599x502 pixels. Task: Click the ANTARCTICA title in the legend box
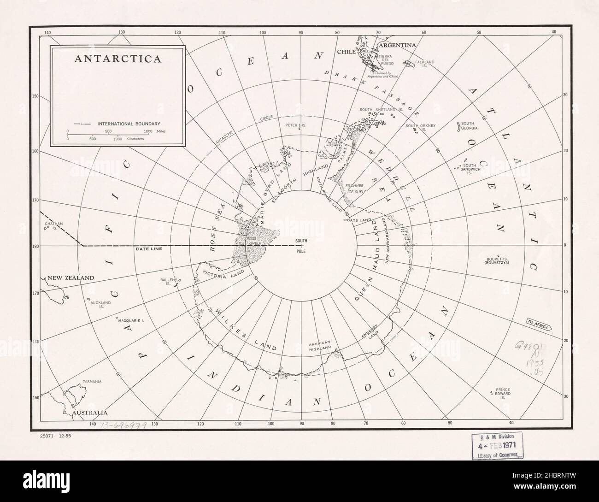point(118,59)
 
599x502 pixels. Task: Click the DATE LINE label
point(149,249)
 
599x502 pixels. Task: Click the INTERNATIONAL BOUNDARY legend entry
point(129,124)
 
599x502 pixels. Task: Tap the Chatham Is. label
point(53,226)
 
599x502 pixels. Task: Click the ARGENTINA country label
point(397,46)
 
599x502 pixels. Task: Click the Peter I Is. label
point(295,125)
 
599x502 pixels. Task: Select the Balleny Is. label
point(166,282)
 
